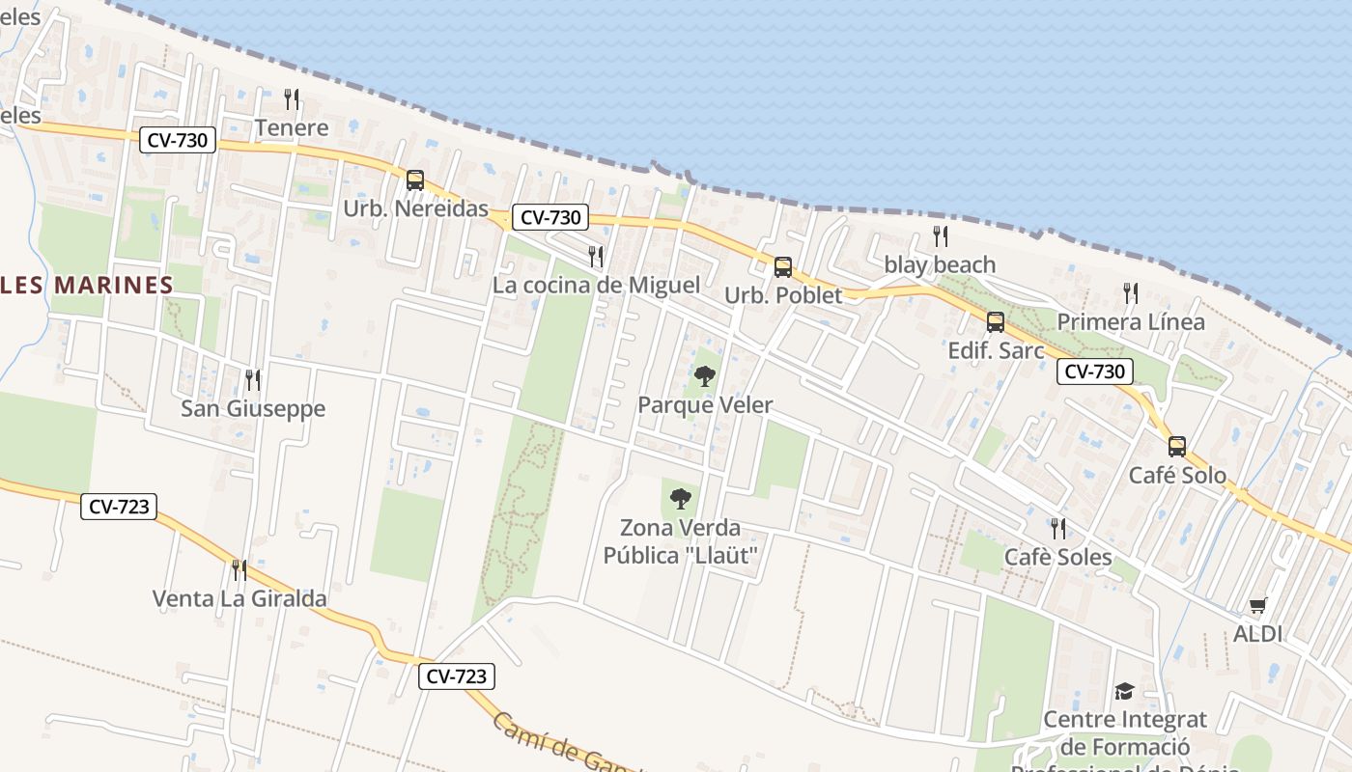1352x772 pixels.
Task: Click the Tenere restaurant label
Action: (292, 127)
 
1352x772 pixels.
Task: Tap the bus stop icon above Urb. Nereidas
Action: (415, 180)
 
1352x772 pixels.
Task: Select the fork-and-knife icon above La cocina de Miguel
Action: (596, 257)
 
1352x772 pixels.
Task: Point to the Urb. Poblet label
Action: (783, 295)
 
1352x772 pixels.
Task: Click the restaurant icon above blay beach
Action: (940, 236)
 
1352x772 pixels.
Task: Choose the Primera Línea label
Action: (1131, 321)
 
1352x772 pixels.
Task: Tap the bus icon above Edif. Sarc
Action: (996, 322)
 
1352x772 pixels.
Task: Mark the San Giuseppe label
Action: (253, 408)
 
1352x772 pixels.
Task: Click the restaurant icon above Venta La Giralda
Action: (239, 570)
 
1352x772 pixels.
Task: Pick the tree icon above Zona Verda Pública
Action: (681, 499)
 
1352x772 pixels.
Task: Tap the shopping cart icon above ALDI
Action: (1257, 606)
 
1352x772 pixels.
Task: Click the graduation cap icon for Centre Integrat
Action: (1124, 691)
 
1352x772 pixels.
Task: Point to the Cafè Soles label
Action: (1058, 557)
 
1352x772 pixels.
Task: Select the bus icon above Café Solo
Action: (1177, 447)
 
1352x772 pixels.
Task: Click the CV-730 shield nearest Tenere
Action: (178, 140)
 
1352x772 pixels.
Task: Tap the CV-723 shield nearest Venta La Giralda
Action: (119, 506)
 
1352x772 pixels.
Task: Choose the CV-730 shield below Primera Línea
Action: (1094, 372)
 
